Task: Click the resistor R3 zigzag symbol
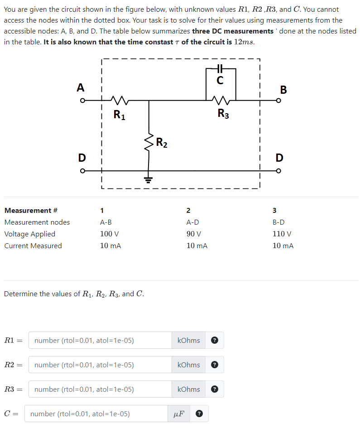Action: click(221, 99)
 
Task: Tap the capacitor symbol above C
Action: click(220, 68)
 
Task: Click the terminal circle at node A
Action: click(82, 101)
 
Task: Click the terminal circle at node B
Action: click(278, 101)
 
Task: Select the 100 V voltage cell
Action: click(109, 234)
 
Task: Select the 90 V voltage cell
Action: click(193, 234)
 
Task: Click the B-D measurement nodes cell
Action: click(278, 222)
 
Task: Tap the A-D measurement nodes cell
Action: click(192, 222)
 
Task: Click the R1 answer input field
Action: click(100, 341)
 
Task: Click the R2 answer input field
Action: click(100, 365)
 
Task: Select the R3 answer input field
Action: click(100, 390)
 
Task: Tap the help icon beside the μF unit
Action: click(198, 414)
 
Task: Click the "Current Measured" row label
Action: click(33, 246)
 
